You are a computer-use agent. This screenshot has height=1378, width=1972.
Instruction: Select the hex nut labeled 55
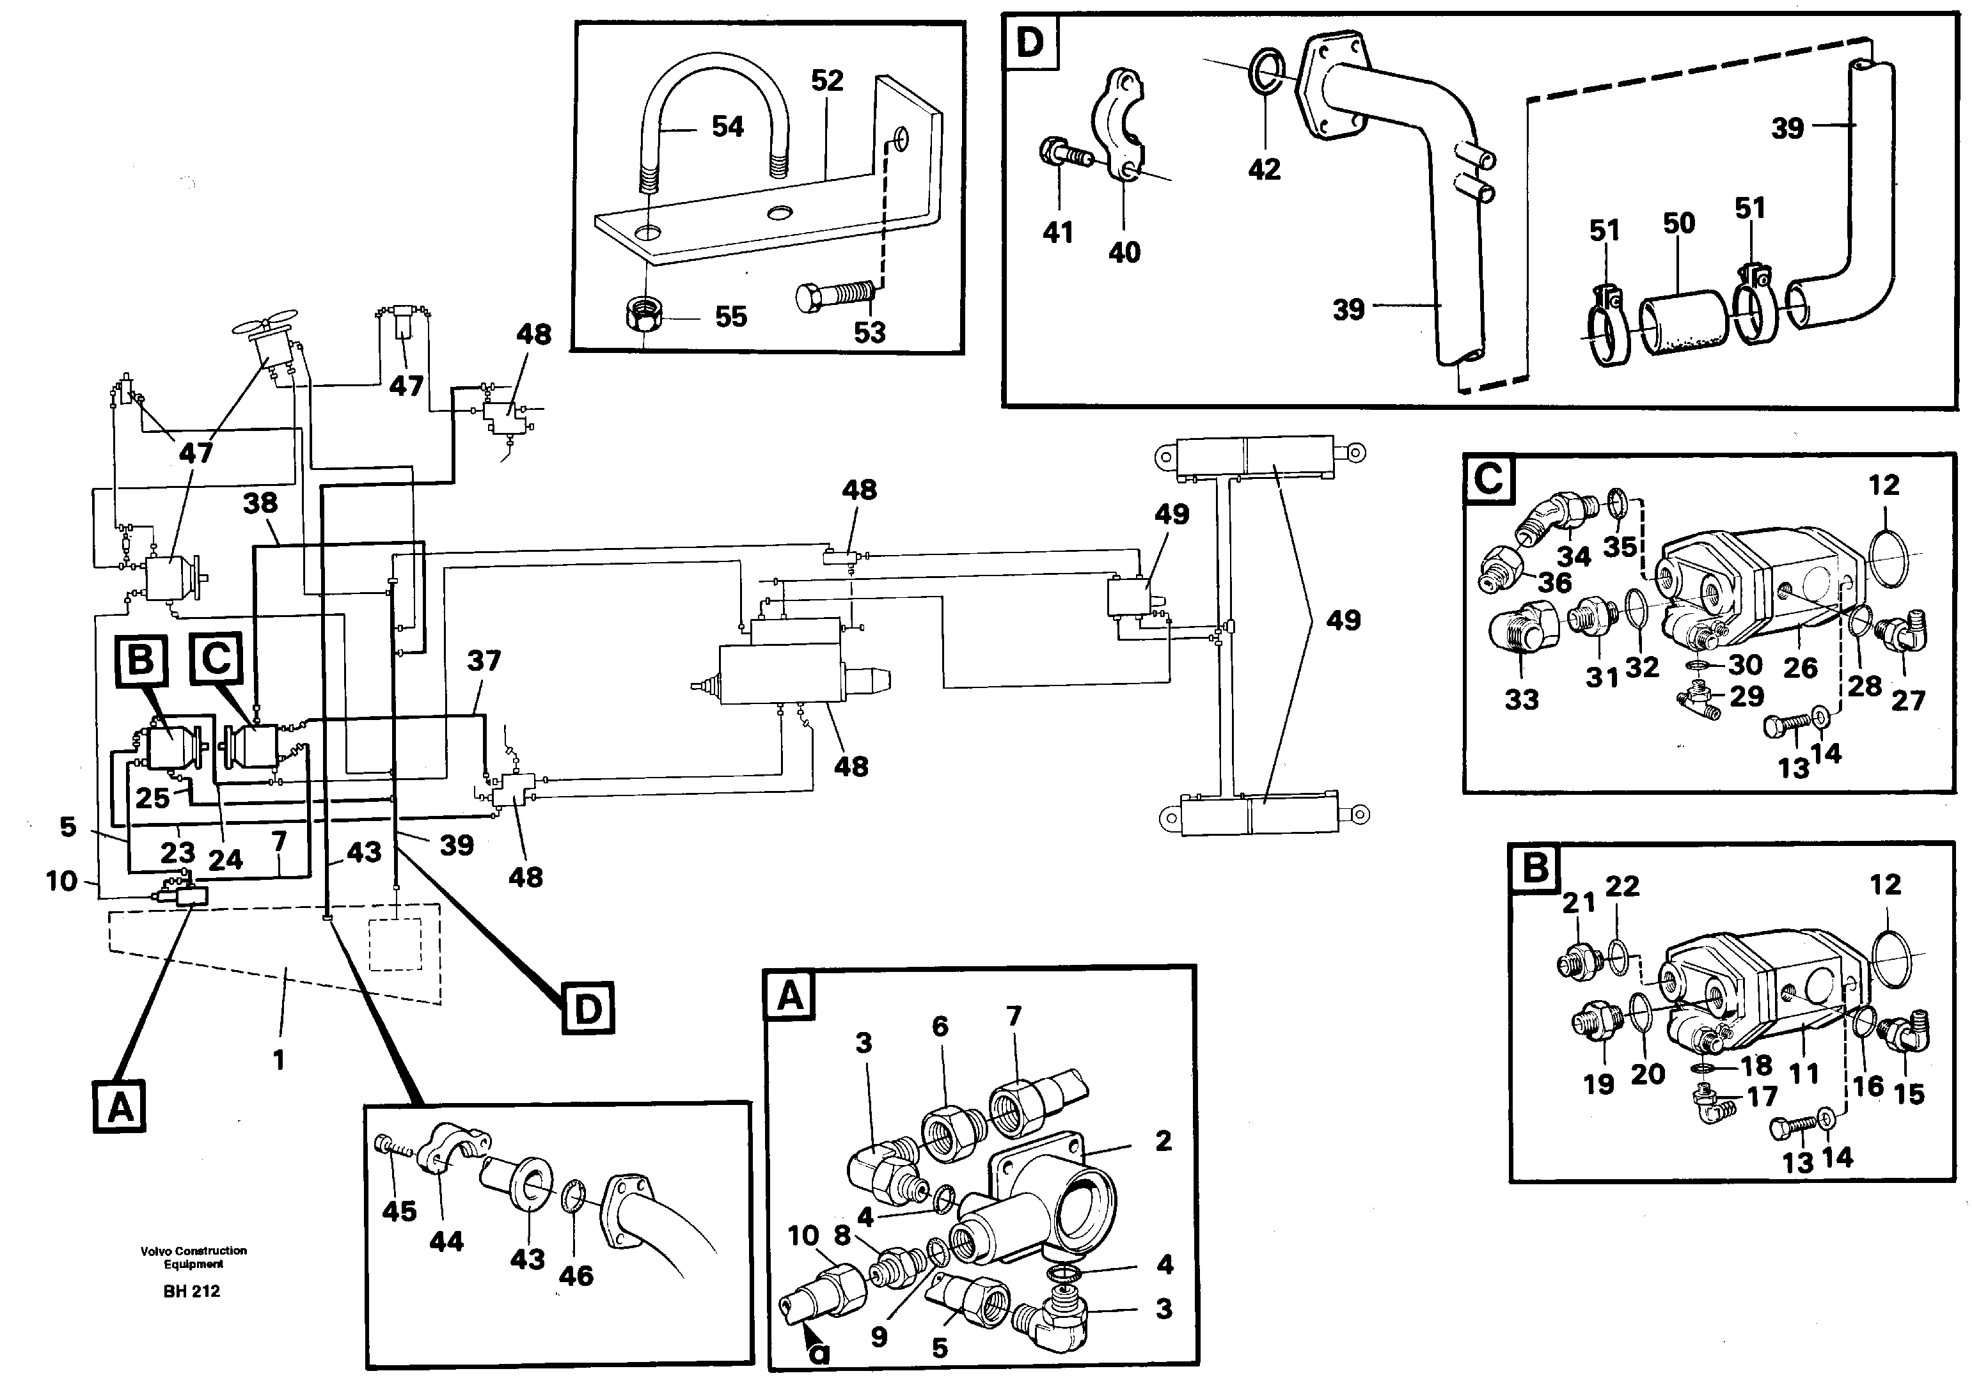click(642, 318)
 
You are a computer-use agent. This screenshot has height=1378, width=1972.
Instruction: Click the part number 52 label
click(827, 81)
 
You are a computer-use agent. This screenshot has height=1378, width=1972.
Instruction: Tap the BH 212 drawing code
click(191, 1291)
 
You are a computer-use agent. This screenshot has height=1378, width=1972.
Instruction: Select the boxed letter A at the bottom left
click(120, 1107)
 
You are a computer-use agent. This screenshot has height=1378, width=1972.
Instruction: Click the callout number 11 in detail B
click(1804, 1073)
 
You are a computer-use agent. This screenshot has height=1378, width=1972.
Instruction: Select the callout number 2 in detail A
click(1163, 1140)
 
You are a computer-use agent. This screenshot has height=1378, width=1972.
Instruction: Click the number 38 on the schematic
click(260, 503)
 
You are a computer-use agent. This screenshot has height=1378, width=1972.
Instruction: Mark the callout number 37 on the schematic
click(484, 661)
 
